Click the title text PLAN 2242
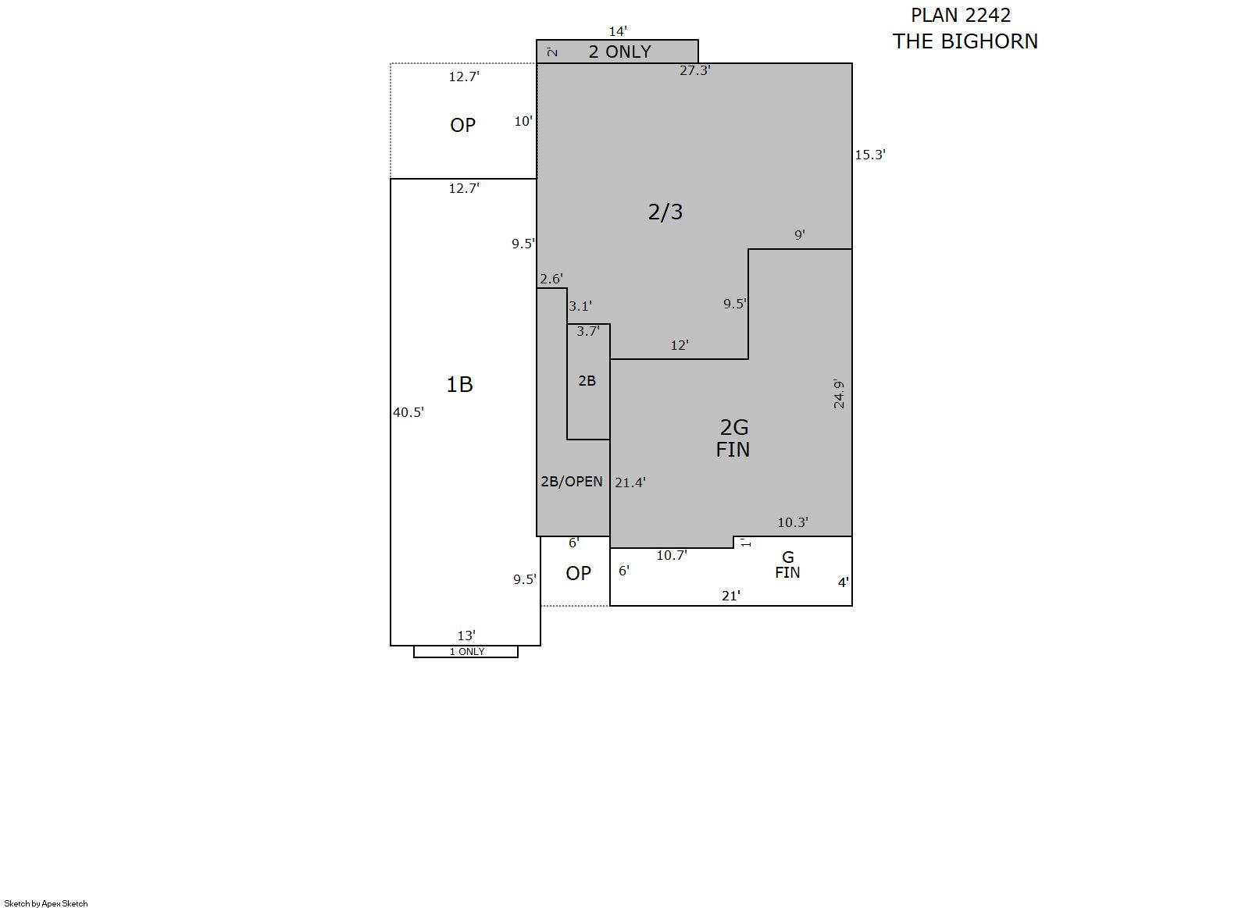pyautogui.click(x=961, y=16)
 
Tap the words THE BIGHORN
pyautogui.click(x=965, y=41)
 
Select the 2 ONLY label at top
pyautogui.click(x=619, y=52)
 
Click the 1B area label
pyautogui.click(x=459, y=384)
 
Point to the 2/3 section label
pyautogui.click(x=665, y=212)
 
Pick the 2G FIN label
pyautogui.click(x=733, y=439)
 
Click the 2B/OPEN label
pyautogui.click(x=572, y=482)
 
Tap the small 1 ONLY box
pyautogui.click(x=466, y=652)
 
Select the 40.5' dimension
pyautogui.click(x=409, y=412)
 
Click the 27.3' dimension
pyautogui.click(x=694, y=71)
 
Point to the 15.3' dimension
pyautogui.click(x=870, y=155)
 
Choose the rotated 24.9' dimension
pyautogui.click(x=839, y=394)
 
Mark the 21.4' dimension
pyautogui.click(x=630, y=482)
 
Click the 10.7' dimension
pyautogui.click(x=672, y=556)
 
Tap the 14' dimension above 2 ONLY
pyautogui.click(x=618, y=31)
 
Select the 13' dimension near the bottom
pyautogui.click(x=466, y=636)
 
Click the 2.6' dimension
pyautogui.click(x=551, y=279)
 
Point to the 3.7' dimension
pyautogui.click(x=588, y=331)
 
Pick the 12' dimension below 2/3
pyautogui.click(x=680, y=346)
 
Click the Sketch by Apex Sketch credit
pyautogui.click(x=46, y=903)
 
